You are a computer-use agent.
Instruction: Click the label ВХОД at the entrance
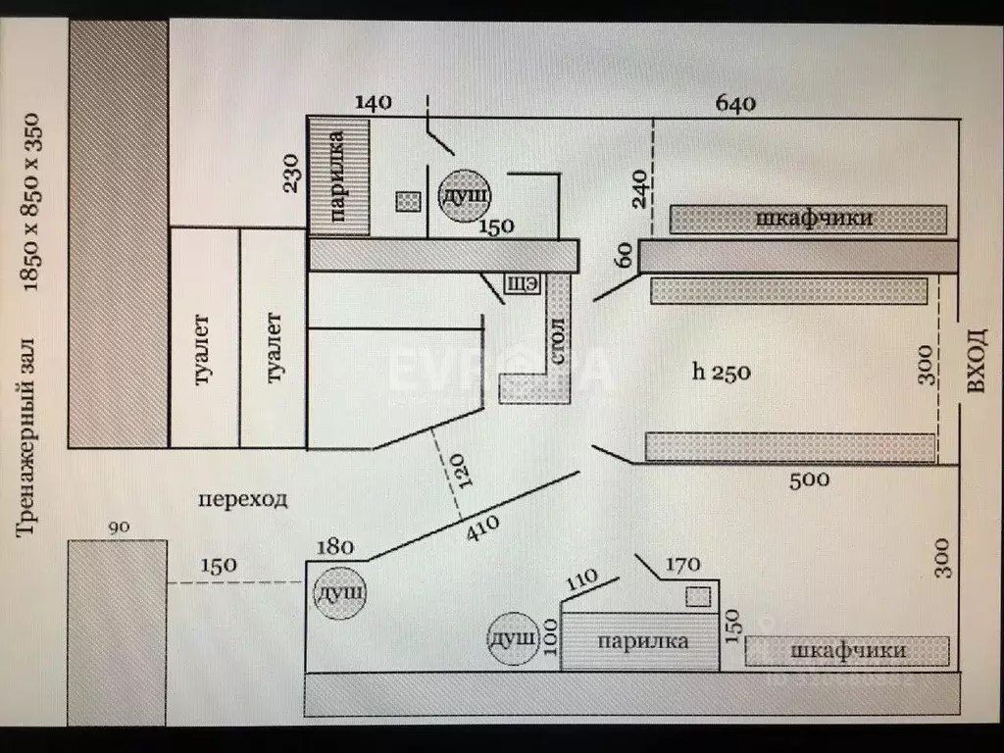point(977,363)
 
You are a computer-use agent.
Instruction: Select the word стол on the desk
point(557,340)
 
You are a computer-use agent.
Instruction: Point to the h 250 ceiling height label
point(722,372)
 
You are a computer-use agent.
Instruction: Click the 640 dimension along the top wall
point(735,103)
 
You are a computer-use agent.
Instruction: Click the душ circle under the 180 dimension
point(339,593)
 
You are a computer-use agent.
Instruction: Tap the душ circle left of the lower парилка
point(514,639)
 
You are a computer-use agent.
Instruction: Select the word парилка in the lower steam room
point(642,641)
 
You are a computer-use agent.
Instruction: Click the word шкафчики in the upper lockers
point(814,218)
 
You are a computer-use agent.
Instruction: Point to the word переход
point(243,499)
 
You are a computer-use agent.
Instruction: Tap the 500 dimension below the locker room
point(809,479)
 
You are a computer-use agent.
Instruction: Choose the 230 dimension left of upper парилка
point(290,173)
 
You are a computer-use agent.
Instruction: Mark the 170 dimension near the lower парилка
point(682,565)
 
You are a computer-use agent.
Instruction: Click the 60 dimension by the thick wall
point(625,257)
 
